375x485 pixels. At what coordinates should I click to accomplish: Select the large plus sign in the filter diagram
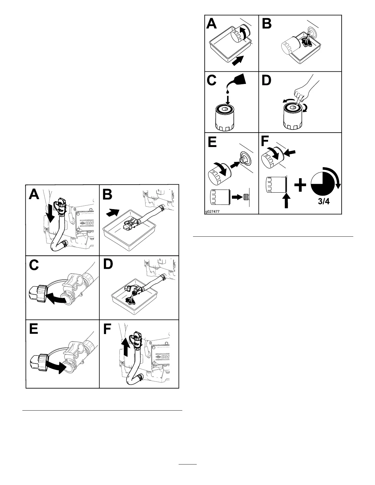pyautogui.click(x=300, y=186)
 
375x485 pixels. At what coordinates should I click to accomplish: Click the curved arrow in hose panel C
pyautogui.click(x=56, y=299)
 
